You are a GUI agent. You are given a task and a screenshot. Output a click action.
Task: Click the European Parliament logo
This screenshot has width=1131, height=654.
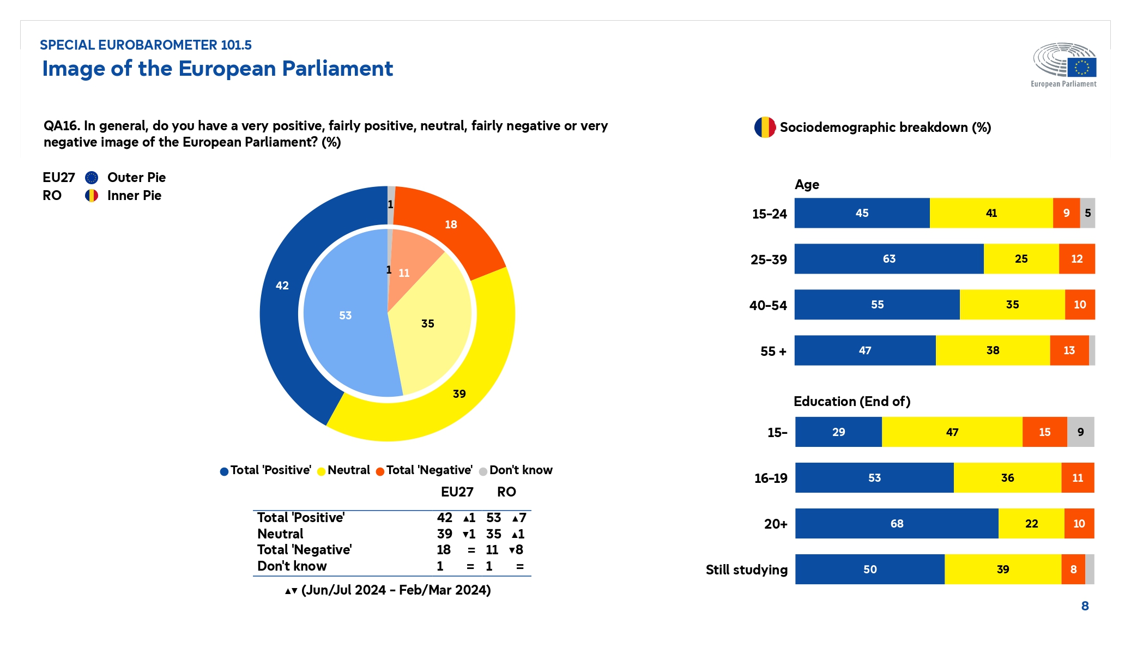tap(1064, 64)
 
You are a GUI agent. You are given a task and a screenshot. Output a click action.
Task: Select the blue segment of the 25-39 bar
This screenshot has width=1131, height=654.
tap(888, 259)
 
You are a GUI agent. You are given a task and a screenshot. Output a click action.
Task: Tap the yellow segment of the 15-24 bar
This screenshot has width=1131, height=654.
tap(991, 213)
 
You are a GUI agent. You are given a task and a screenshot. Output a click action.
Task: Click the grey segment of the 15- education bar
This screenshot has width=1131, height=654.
tap(1080, 432)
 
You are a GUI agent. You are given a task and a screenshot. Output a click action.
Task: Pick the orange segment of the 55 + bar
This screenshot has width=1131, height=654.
tap(1069, 350)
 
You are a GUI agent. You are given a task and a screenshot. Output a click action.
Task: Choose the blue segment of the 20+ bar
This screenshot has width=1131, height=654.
tap(897, 524)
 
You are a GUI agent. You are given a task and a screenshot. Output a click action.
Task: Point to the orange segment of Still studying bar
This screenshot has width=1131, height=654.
tap(1073, 570)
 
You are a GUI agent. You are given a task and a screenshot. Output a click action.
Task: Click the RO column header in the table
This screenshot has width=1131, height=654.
tap(506, 492)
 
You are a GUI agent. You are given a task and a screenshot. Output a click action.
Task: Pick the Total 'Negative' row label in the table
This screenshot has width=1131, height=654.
tap(304, 550)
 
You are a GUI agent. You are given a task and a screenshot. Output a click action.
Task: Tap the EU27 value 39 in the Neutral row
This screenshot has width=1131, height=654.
tap(444, 534)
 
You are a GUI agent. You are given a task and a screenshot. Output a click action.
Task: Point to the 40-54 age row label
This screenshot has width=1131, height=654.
tap(768, 305)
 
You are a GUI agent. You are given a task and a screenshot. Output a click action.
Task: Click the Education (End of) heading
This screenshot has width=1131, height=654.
tap(852, 402)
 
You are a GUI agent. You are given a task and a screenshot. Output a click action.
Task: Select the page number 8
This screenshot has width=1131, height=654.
tap(1085, 606)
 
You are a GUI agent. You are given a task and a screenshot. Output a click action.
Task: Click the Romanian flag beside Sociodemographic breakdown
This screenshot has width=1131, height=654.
tap(765, 128)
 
